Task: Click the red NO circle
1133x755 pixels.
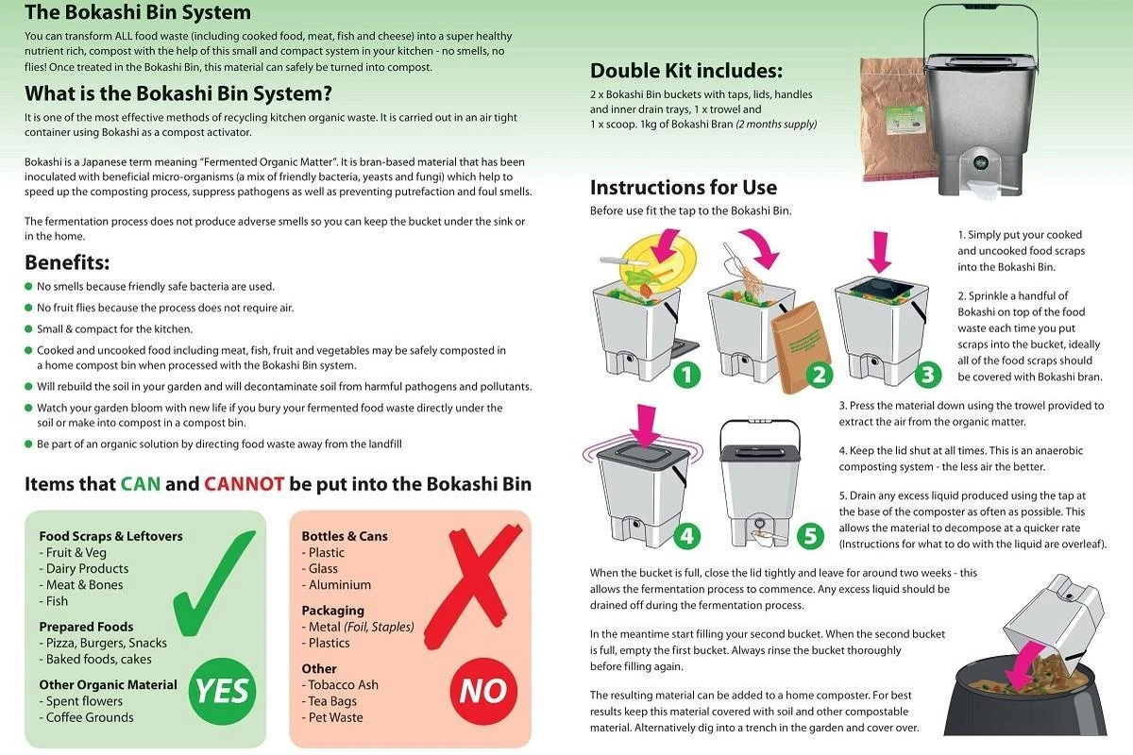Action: pos(482,691)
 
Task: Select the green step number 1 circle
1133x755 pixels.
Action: pos(686,375)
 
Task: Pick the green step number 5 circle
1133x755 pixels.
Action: pos(810,537)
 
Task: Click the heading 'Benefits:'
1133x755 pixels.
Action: pos(67,261)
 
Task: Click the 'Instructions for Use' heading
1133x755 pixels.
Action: pos(684,187)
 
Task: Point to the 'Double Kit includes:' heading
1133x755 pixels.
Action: pos(686,71)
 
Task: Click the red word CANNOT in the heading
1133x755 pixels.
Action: pos(244,484)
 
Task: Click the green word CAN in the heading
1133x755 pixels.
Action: pos(140,484)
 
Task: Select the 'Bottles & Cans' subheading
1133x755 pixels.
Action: pos(345,536)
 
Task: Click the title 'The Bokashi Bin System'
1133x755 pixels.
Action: pos(138,13)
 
